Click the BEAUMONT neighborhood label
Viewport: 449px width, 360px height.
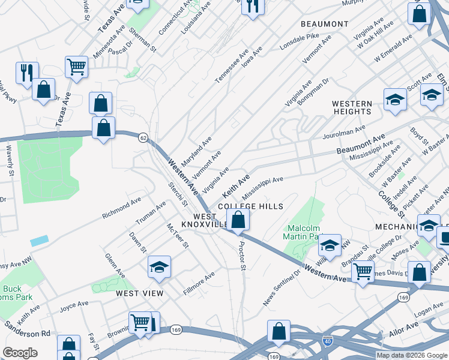[324, 24]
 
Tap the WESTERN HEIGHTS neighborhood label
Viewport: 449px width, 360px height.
[352, 107]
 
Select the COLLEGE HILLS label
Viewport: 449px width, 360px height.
[250, 206]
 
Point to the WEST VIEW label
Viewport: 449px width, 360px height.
[139, 293]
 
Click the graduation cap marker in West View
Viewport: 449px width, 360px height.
[159, 267]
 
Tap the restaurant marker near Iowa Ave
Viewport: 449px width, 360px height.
[252, 7]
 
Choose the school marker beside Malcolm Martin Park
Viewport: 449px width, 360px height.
[330, 245]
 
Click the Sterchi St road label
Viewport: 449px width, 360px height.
[178, 194]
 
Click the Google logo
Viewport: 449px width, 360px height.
[20, 353]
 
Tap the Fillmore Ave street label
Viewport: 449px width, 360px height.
[199, 284]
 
